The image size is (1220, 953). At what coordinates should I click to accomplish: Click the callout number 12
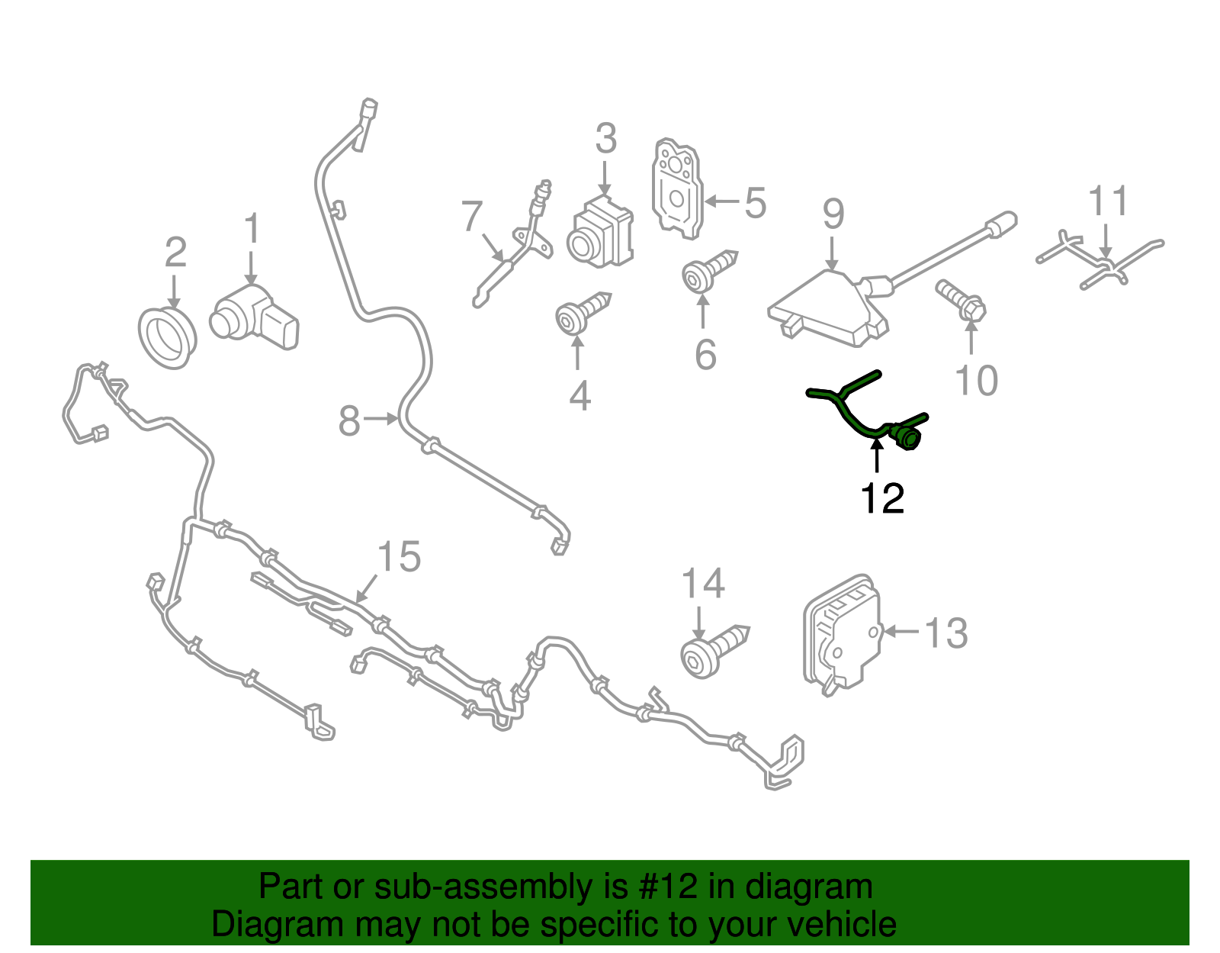coord(882,498)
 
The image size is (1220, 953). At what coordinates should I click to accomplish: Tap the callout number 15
coord(399,556)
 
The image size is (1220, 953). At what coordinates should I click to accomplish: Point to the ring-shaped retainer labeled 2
coord(167,338)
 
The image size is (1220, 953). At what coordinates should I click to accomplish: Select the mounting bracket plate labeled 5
coord(677,188)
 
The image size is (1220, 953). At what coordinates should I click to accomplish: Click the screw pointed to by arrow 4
coord(583,314)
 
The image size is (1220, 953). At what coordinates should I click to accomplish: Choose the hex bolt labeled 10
coord(961,301)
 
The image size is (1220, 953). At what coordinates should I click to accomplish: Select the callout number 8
coord(348,420)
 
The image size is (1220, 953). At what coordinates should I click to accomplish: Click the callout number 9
coord(833,214)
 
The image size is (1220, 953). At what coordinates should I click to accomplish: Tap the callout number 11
coord(1108,201)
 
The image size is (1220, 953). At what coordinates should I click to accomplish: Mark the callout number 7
coord(471,216)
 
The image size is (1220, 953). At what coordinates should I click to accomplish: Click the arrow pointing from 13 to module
coord(901,631)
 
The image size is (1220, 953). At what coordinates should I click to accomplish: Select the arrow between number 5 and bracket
coord(721,201)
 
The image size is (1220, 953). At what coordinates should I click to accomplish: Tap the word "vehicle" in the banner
coord(849,925)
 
